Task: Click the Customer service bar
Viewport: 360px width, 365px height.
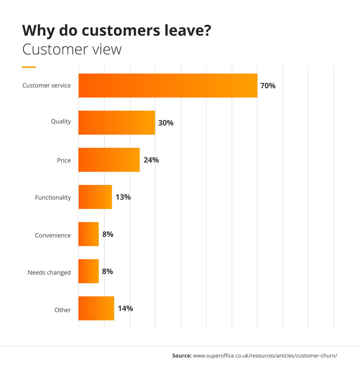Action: [x=168, y=86]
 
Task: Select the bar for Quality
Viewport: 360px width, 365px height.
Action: [x=117, y=123]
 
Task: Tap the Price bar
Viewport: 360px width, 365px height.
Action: [x=109, y=160]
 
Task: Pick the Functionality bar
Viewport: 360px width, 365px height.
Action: [x=95, y=197]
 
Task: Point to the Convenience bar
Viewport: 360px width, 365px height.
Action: [x=88, y=234]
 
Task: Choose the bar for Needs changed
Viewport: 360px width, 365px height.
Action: [x=88, y=271]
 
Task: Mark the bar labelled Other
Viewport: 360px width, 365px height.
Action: [x=96, y=308]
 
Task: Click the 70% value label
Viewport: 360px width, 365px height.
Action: [x=268, y=86]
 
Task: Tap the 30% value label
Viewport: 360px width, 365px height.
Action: [x=166, y=123]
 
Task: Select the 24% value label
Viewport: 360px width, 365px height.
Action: [x=151, y=160]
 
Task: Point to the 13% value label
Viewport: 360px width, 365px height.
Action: [x=123, y=197]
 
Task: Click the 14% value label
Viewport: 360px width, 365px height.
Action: [x=125, y=308]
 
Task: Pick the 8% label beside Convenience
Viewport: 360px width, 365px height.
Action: [x=108, y=234]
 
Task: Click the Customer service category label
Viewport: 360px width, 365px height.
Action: [x=46, y=86]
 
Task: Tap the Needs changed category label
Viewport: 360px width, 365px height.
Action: [x=49, y=272]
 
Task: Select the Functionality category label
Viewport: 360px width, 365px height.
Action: [x=53, y=197]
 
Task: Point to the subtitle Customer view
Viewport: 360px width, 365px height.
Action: [x=72, y=50]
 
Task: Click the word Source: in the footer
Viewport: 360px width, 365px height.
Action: [x=181, y=355]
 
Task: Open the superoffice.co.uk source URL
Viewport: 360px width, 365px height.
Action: [x=265, y=355]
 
